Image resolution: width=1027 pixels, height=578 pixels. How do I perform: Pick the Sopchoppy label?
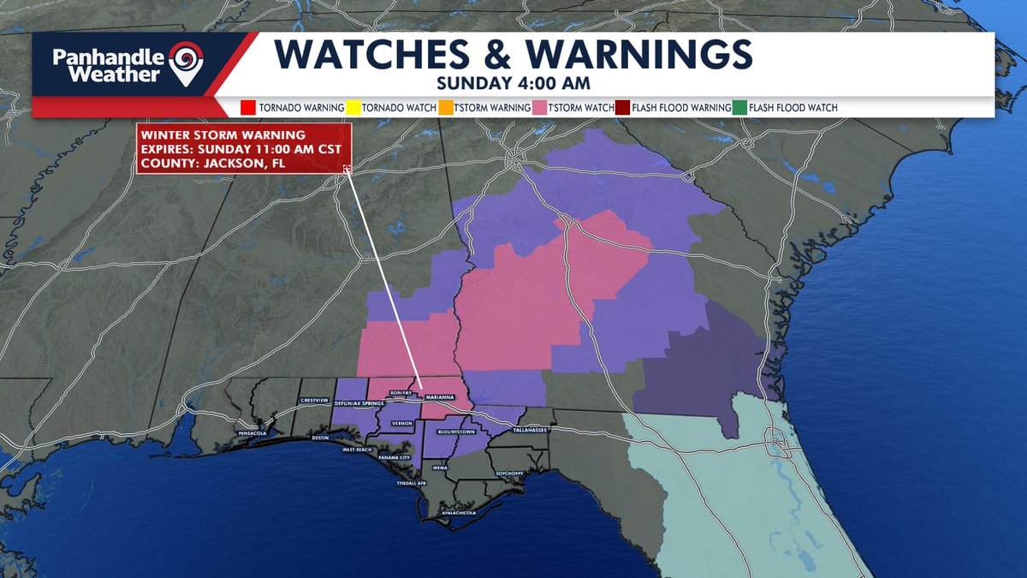(508, 473)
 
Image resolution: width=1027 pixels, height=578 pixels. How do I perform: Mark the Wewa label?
(440, 468)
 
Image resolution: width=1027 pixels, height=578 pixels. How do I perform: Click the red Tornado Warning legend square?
(248, 108)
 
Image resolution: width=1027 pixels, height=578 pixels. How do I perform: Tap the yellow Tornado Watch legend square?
(353, 108)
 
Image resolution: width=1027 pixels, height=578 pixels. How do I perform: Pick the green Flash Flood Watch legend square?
(739, 108)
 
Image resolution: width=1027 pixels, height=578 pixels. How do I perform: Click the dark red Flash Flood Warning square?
(622, 108)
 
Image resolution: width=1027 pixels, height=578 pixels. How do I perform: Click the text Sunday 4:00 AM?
(490, 83)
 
